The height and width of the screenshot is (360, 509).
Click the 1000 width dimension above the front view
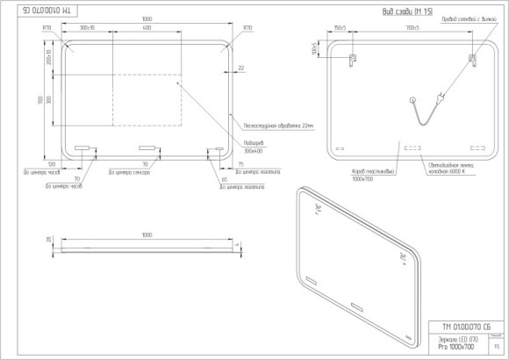pos(147,19)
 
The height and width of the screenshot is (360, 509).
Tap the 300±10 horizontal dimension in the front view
pos(88,28)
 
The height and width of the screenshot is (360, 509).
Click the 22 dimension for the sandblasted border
pos(240,67)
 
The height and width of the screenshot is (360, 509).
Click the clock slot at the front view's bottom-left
pos(83,148)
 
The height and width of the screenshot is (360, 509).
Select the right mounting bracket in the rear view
pos(471,60)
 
